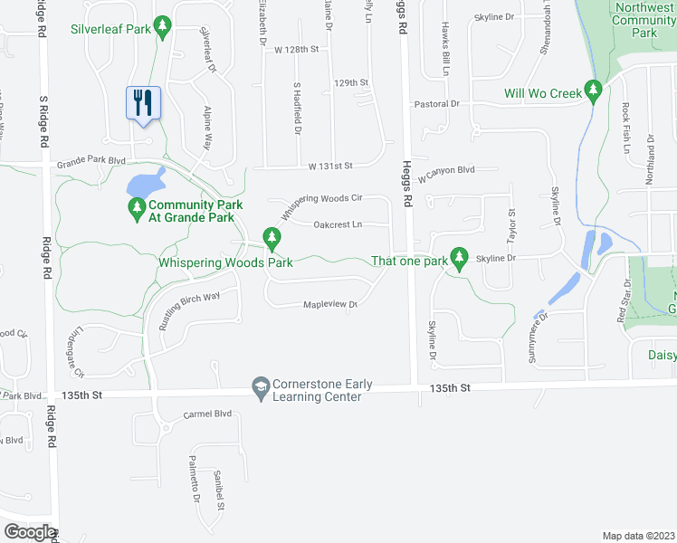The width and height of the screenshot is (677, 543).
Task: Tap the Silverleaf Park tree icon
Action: tap(163, 28)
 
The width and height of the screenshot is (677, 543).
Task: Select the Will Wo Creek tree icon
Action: tap(594, 90)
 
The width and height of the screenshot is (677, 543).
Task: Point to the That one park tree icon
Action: tap(460, 259)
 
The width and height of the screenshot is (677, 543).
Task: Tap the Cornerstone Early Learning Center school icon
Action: tap(261, 386)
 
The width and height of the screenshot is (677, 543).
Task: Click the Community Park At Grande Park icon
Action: tap(138, 210)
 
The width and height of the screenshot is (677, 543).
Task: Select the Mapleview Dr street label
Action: tap(330, 305)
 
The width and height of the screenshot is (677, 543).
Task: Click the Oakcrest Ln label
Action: tap(338, 224)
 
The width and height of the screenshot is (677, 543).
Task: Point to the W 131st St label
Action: tap(329, 167)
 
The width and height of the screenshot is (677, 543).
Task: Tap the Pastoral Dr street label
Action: tap(436, 104)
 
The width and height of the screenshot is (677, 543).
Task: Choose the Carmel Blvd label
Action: tap(208, 414)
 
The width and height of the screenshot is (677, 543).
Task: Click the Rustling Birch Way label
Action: tap(189, 310)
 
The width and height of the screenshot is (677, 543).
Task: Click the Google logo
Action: tap(30, 532)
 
